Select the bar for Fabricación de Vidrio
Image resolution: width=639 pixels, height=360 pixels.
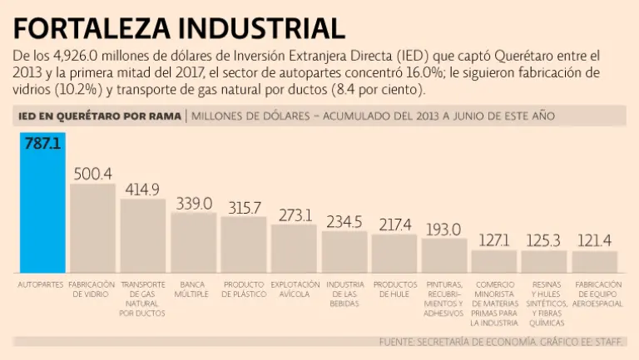click(92, 229)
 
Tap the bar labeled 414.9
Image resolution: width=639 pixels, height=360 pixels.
click(143, 237)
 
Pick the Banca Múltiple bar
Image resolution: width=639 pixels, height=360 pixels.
click(194, 244)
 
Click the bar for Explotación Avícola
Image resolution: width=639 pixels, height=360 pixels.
click(294, 249)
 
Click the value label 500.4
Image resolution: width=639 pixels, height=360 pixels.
click(92, 174)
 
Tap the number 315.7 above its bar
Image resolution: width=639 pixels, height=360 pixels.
click(244, 208)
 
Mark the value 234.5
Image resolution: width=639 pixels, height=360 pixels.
click(344, 222)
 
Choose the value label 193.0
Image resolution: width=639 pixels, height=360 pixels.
click(444, 229)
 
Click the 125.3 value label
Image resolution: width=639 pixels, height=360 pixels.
click(544, 241)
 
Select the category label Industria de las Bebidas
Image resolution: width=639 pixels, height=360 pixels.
click(344, 294)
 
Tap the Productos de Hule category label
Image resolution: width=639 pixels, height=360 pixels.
click(394, 289)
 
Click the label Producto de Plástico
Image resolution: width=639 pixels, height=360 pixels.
click(244, 289)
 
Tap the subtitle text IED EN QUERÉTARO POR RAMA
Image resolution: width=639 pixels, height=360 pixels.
click(97, 116)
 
